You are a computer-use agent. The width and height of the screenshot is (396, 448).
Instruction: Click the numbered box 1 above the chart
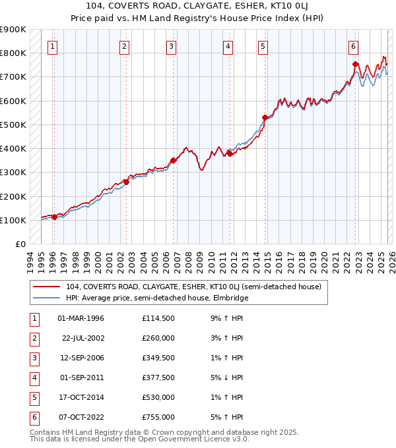[52, 47]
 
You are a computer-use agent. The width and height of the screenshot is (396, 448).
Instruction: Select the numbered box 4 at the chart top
[227, 47]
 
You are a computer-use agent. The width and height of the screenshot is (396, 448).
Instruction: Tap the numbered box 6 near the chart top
[354, 47]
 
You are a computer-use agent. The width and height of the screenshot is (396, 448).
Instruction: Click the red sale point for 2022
[356, 65]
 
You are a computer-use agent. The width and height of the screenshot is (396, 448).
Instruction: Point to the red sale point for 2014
[265, 118]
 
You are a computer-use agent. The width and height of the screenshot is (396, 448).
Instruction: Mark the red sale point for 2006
[173, 160]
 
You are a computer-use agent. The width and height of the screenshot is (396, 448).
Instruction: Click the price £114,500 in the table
[158, 319]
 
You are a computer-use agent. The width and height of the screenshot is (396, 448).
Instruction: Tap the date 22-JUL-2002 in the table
[83, 338]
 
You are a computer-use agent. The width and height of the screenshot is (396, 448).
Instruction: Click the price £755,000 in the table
[158, 417]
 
